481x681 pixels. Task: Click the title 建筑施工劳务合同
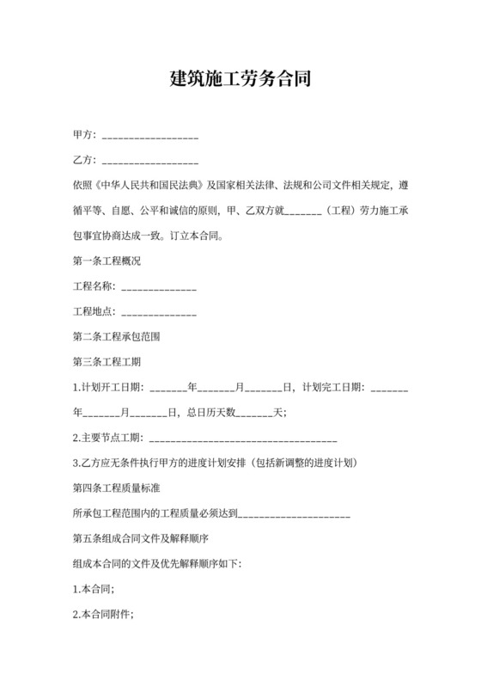click(240, 80)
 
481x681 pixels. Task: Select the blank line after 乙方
click(150, 163)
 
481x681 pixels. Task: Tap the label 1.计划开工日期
click(109, 387)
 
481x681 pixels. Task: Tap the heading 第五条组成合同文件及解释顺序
click(142, 538)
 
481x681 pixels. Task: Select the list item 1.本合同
click(94, 589)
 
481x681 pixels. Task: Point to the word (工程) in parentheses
click(335, 211)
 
